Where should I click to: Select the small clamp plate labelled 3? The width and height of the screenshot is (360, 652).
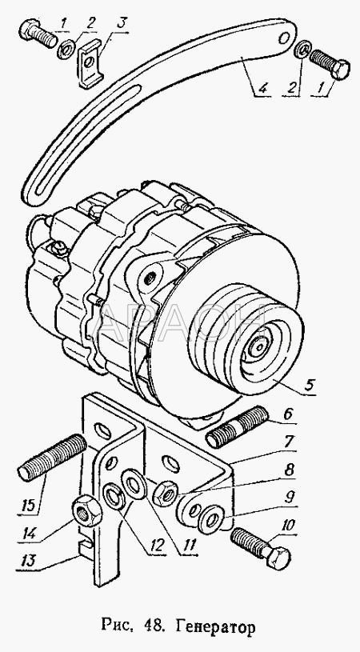[90, 63]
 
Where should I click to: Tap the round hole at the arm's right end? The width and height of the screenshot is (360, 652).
[285, 38]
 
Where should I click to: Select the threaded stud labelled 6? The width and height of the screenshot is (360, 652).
[237, 427]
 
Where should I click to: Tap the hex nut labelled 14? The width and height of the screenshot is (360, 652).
[87, 510]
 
